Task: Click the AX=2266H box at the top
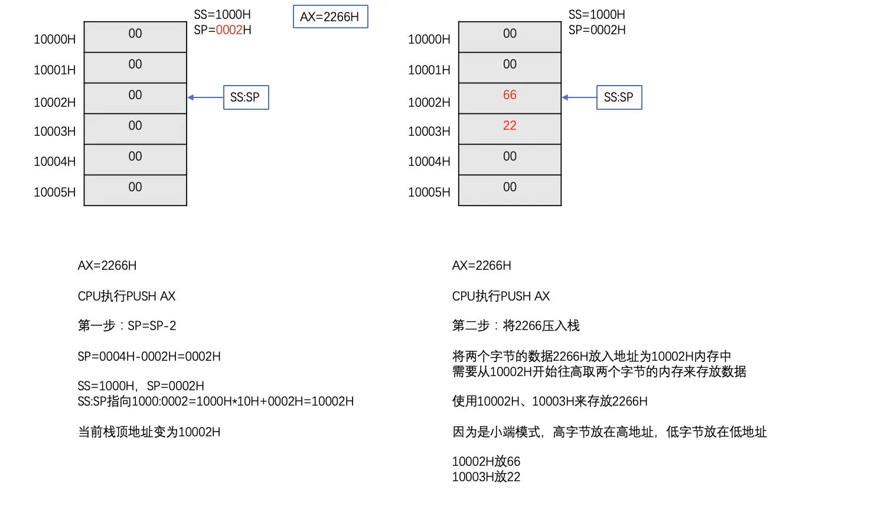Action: tap(330, 17)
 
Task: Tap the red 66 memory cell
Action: tap(510, 97)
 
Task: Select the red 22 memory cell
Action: tap(510, 128)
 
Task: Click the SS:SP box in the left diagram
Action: tap(246, 97)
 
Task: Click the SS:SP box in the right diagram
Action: tap(619, 97)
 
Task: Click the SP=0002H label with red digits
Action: tap(223, 30)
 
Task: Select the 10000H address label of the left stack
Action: tap(54, 40)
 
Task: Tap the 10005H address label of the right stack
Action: tap(429, 192)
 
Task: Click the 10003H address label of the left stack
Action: tap(54, 132)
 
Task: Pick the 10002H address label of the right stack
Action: tap(429, 103)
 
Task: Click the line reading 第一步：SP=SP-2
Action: tap(127, 326)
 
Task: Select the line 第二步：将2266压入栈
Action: tap(515, 326)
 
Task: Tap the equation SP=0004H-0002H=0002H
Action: tap(149, 357)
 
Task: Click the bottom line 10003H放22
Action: tap(486, 477)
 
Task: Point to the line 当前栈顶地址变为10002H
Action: tap(149, 432)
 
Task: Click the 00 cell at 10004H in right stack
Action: tap(510, 159)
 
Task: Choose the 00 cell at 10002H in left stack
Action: tap(135, 97)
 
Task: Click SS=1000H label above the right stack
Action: tap(596, 15)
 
